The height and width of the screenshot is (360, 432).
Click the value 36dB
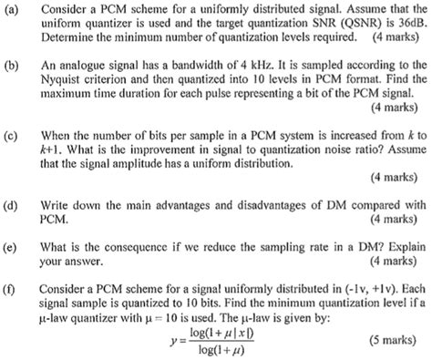pos(407,24)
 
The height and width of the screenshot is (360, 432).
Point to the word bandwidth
pos(198,68)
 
